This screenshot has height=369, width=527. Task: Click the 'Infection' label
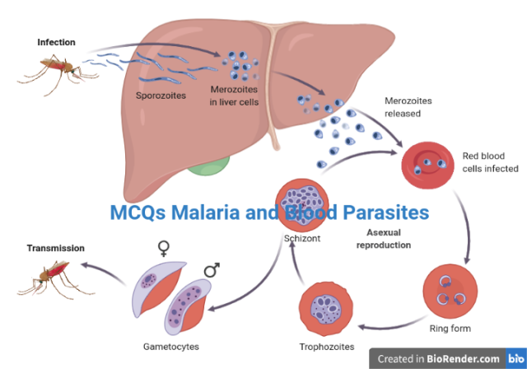click(56, 41)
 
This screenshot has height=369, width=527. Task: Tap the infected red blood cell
click(425, 162)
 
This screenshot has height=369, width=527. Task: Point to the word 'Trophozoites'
click(327, 345)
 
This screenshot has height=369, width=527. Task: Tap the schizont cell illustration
click(305, 203)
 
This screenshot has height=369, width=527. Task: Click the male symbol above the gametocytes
click(212, 270)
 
